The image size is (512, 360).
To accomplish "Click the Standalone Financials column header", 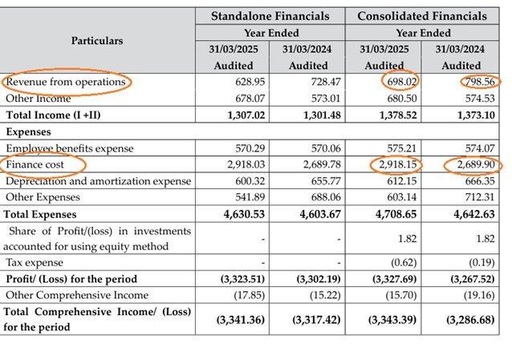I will pos(270,15).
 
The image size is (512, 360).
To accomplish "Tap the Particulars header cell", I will pos(97,40).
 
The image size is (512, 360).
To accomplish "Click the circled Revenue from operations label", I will pos(66,82).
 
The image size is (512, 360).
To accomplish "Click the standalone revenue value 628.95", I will pos(235,83).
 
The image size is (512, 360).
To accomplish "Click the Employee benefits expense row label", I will pos(70,148).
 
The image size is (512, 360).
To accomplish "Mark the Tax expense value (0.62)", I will pos(389,262).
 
